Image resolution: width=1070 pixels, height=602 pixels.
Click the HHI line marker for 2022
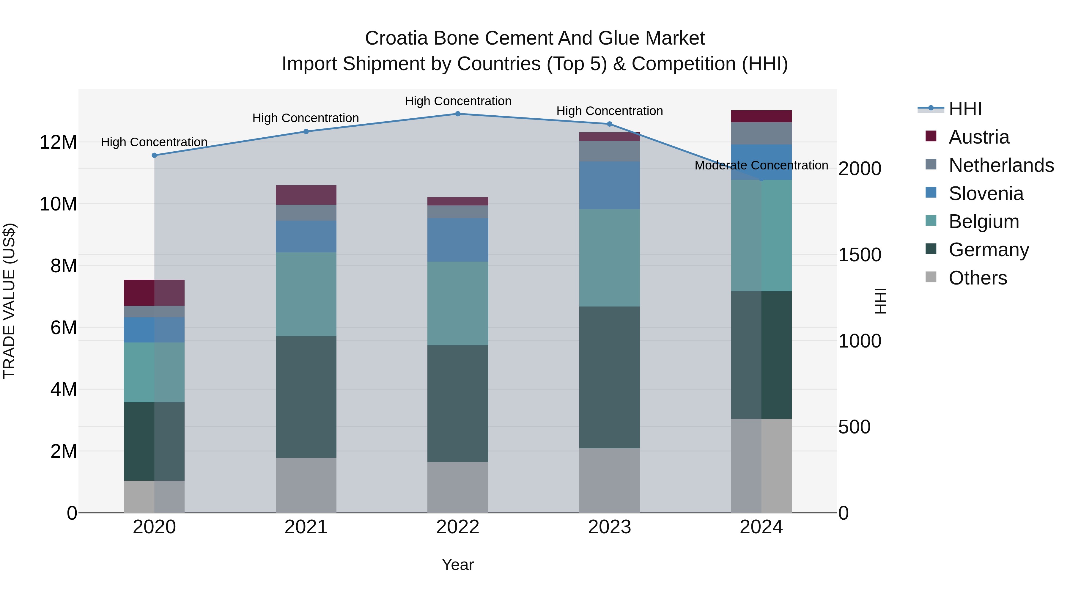458,114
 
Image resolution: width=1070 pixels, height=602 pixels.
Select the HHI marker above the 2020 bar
154,155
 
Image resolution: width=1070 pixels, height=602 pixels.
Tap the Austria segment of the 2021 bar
306,195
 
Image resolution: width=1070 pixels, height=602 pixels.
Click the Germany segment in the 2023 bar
609,377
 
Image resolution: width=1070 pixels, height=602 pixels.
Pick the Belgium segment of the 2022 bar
458,303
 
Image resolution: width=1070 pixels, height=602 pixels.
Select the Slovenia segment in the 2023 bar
609,185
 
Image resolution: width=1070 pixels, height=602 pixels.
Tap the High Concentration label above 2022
458,101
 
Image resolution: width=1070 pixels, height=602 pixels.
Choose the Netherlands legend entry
1001,165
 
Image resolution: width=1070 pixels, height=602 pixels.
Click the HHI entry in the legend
965,109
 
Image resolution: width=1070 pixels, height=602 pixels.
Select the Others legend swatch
931,277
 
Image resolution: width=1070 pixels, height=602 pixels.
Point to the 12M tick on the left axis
58,142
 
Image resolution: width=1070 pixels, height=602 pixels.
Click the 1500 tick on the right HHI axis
859,255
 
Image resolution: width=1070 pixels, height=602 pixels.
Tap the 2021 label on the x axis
306,527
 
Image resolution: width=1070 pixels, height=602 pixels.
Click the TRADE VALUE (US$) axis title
9,301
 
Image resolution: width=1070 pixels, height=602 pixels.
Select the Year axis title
458,565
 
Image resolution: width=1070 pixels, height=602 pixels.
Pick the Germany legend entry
989,250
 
